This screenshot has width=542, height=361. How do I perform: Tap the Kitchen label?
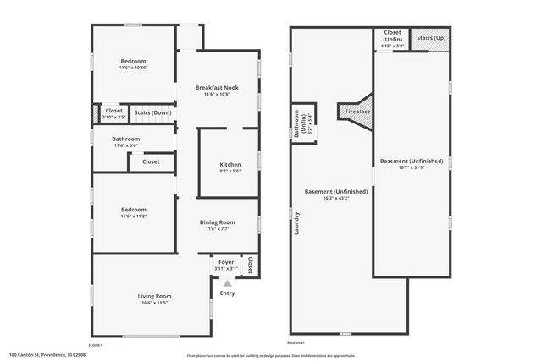[230, 164]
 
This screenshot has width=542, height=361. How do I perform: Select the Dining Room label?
[218, 222]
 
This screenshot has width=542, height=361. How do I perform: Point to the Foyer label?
[226, 263]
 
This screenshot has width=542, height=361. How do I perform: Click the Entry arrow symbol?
[226, 282]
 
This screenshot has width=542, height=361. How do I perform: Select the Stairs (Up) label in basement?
[432, 38]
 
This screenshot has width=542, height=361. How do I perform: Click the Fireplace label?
[357, 111]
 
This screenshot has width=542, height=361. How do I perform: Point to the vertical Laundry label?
[297, 222]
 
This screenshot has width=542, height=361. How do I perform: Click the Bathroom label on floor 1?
[126, 139]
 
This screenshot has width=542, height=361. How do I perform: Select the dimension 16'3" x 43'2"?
[335, 198]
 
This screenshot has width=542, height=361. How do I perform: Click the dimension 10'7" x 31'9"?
[411, 167]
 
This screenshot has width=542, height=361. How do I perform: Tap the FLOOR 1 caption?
[96, 346]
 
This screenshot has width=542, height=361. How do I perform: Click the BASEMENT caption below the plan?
[296, 342]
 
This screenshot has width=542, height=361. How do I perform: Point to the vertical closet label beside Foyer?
[250, 266]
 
